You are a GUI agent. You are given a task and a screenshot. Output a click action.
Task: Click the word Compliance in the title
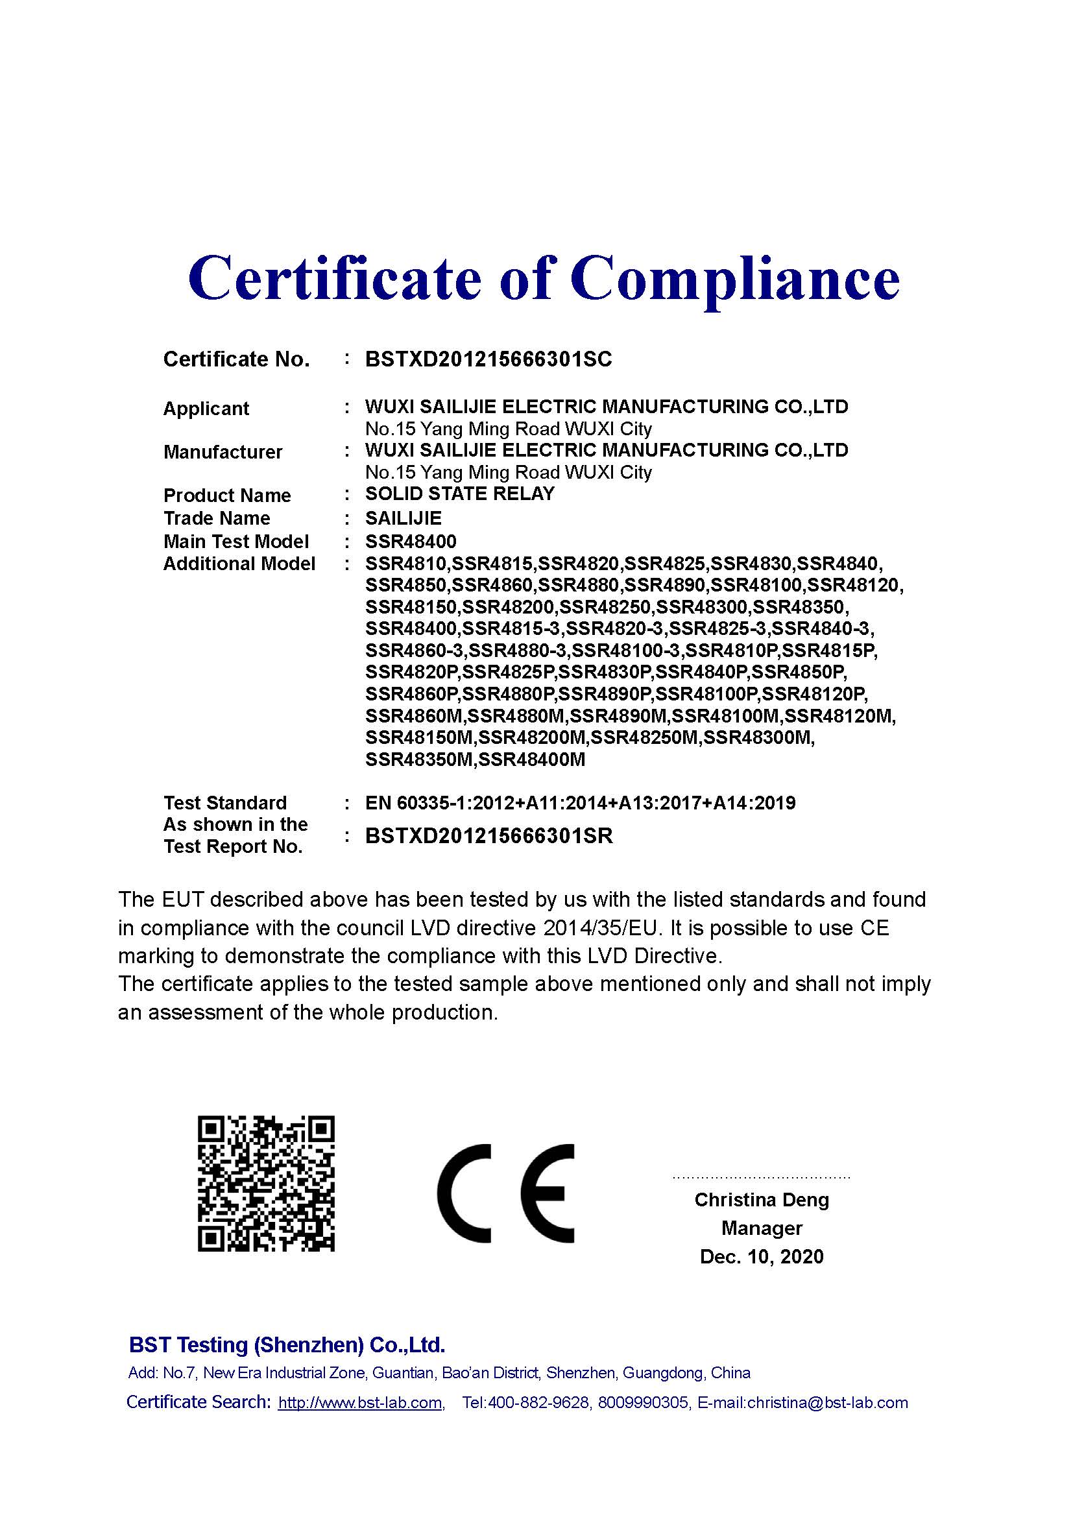coord(735,279)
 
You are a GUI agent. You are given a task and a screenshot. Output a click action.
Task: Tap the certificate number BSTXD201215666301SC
coord(488,359)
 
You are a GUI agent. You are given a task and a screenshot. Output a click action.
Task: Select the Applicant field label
coord(206,409)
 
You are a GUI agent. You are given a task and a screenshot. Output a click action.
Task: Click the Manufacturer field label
coord(222,453)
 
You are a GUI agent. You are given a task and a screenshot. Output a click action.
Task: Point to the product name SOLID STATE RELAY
coord(459,494)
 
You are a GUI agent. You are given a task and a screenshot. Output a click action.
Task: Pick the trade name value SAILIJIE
coord(403,518)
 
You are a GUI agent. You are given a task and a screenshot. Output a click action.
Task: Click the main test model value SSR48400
coord(410,542)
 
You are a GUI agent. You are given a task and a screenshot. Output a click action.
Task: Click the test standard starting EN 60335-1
coord(579,804)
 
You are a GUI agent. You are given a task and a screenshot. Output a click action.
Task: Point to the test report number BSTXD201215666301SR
coord(488,837)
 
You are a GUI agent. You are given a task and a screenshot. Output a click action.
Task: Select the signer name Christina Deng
coord(761,1200)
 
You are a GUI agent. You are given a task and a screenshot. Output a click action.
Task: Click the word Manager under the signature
coord(761,1228)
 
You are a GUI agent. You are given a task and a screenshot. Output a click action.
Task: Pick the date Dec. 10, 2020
coord(761,1257)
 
